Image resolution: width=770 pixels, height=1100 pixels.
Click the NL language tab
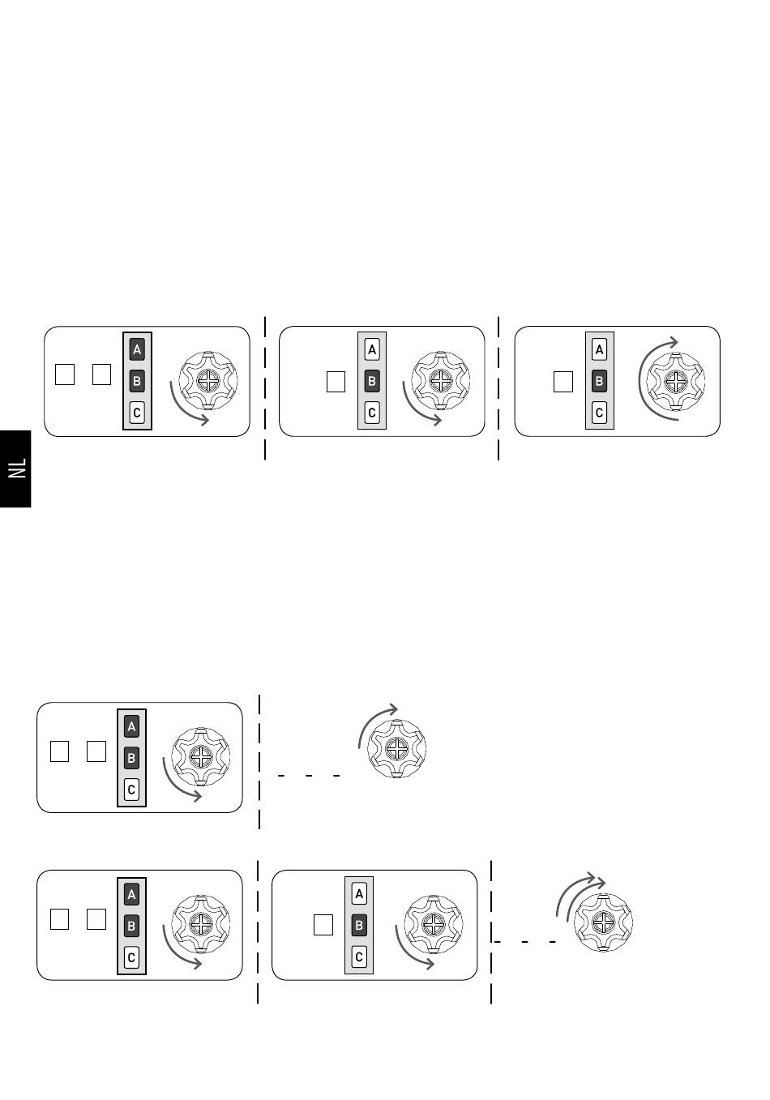click(15, 469)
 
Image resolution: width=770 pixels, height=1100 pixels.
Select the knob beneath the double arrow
click(603, 922)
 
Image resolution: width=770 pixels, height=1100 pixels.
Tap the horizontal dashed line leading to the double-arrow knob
click(524, 942)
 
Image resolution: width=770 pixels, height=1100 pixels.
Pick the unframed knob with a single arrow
click(397, 749)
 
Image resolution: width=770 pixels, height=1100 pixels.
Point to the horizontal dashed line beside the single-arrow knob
click(309, 776)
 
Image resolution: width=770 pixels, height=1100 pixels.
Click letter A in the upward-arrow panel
click(599, 349)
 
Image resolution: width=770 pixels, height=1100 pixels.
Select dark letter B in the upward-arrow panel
click(599, 381)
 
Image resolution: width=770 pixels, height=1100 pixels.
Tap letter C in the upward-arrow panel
click(599, 413)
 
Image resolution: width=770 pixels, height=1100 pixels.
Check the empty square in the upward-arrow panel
click(563, 382)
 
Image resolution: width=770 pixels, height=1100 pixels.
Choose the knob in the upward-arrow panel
click(676, 381)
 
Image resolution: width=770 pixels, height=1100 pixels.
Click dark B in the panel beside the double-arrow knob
click(359, 926)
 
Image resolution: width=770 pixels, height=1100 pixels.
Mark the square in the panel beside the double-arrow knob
click(323, 925)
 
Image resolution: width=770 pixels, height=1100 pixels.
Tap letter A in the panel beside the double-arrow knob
click(359, 894)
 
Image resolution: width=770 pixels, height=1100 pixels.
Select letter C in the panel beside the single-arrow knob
click(131, 790)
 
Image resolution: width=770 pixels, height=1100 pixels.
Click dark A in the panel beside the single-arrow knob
click(131, 726)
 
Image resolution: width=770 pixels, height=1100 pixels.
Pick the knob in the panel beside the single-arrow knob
click(201, 757)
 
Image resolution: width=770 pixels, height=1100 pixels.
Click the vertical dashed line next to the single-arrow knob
click(259, 762)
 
